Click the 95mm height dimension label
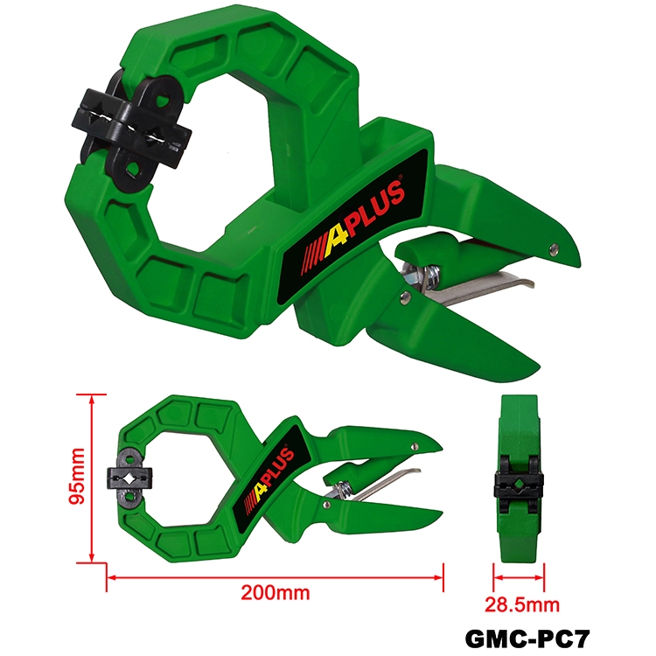pyautogui.click(x=78, y=476)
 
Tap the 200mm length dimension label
pyautogui.click(x=276, y=592)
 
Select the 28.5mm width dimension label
pyautogui.click(x=522, y=605)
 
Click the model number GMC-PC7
pyautogui.click(x=527, y=639)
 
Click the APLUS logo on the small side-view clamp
pyautogui.click(x=271, y=477)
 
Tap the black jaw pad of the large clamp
pyautogui.click(x=132, y=130)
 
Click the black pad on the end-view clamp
pyautogui.click(x=519, y=485)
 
